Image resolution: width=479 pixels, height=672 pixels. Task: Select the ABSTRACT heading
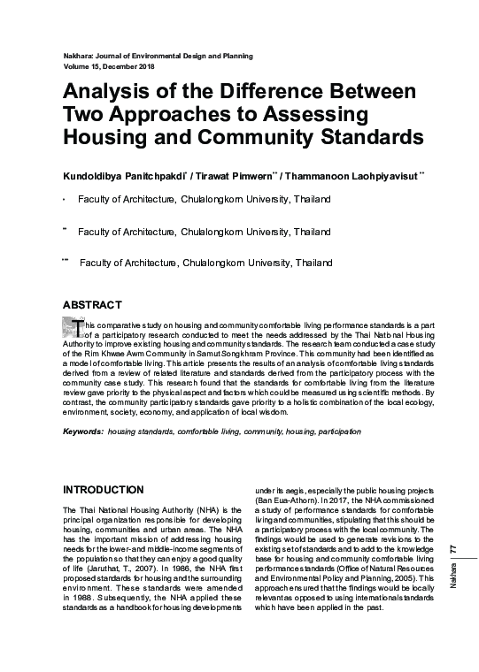tap(92, 305)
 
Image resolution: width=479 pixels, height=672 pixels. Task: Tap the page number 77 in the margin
tap(454, 549)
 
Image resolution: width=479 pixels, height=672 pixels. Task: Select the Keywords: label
tap(83, 431)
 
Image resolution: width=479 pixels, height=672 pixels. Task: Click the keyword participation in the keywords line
tap(336, 431)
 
